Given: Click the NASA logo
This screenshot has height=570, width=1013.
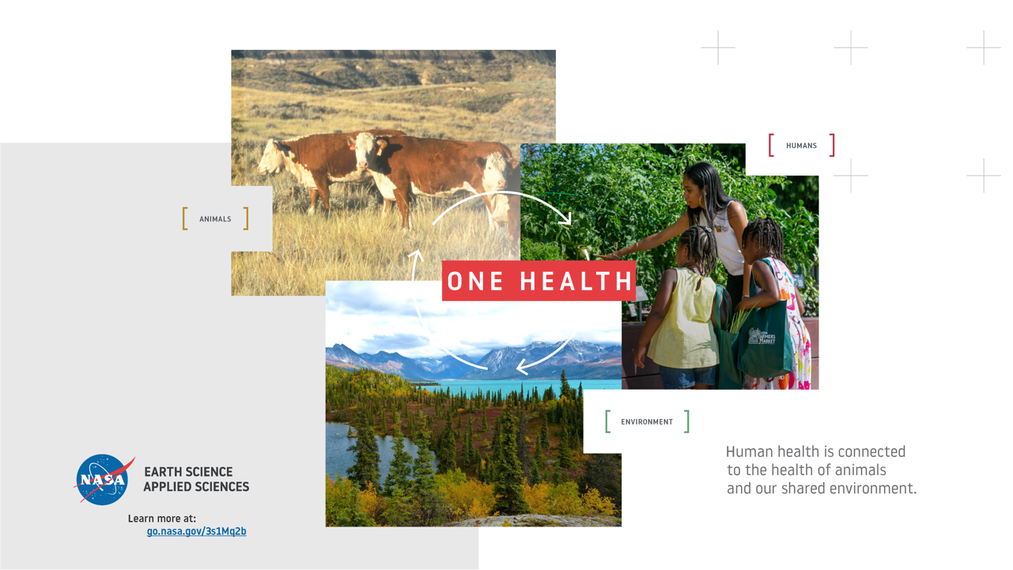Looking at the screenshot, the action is (104, 480).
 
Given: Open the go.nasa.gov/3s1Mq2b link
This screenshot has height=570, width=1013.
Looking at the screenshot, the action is (196, 531).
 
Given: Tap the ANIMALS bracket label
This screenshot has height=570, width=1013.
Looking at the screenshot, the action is (215, 219).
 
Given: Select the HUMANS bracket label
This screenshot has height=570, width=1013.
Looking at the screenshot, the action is (801, 145).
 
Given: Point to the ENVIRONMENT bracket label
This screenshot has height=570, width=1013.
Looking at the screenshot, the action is (647, 421).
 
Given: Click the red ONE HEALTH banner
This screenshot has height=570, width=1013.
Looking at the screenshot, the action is (539, 281).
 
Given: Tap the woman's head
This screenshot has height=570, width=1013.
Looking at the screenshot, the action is (700, 184).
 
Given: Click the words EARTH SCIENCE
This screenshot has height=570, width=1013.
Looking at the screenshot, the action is (188, 472).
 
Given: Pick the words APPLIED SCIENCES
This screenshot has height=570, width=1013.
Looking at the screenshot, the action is (196, 487).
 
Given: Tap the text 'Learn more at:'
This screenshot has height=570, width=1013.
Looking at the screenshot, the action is (162, 519).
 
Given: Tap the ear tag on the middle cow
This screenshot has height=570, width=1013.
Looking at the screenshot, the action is (380, 145).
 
